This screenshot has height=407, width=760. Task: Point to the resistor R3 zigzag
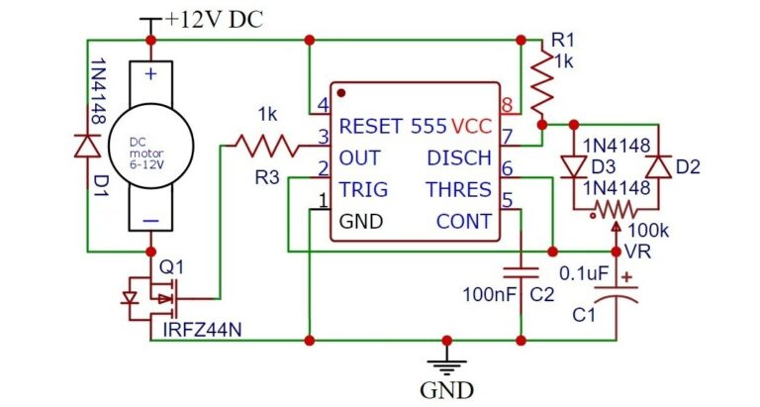click(x=264, y=147)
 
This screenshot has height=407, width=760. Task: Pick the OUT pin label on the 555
click(x=359, y=157)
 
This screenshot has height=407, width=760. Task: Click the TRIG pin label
click(x=362, y=189)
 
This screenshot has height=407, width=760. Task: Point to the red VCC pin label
click(x=473, y=127)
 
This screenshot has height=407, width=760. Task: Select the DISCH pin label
click(x=459, y=157)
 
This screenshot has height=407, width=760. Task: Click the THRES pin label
click(x=458, y=189)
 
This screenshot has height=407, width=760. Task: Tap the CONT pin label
click(x=464, y=221)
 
